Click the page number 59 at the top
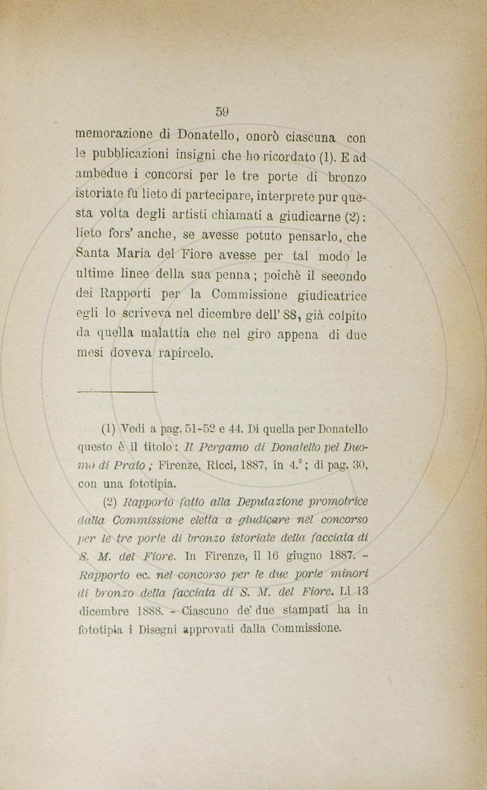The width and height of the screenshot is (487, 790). tap(221, 111)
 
